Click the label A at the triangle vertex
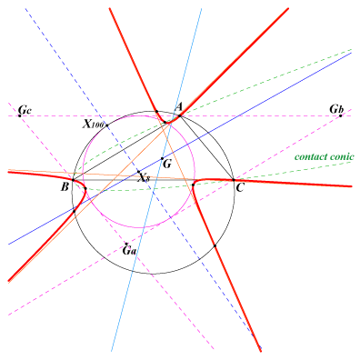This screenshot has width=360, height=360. click(179, 106)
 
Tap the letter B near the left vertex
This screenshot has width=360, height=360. click(65, 187)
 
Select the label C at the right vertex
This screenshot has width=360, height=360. click(240, 188)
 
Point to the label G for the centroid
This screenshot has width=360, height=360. click(167, 165)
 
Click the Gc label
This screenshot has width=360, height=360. click(25, 109)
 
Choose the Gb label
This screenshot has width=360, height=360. click(336, 109)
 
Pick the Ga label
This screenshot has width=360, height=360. click(129, 251)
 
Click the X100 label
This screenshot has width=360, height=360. click(94, 124)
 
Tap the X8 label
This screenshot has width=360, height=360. click(144, 178)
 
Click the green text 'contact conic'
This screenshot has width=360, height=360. click(325, 156)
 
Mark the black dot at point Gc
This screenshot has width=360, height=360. click(20, 115)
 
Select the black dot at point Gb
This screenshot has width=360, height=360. click(340, 115)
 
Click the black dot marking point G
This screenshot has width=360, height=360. click(162, 158)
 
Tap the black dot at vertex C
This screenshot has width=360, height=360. click(234, 180)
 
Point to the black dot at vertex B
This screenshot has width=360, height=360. click(73, 180)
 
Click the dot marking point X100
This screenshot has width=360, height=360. click(107, 125)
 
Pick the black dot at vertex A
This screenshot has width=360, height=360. click(180, 115)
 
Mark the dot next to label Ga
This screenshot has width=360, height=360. click(126, 244)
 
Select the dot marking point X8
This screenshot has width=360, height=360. click(138, 172)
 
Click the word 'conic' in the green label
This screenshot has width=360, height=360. click(343, 156)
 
